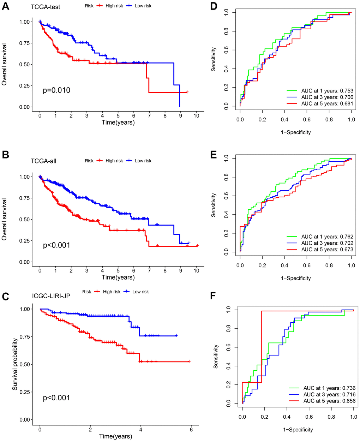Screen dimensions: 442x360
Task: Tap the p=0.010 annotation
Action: pos(56,90)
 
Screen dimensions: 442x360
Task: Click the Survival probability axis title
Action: pos(15,364)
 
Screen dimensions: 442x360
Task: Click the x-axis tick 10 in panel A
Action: pos(196,116)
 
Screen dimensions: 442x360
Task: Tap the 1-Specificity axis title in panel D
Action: pos(296,132)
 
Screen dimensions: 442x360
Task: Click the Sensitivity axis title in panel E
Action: pos(214,205)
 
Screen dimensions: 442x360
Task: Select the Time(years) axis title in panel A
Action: pos(118,123)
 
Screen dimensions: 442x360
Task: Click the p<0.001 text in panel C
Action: pos(56,398)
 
